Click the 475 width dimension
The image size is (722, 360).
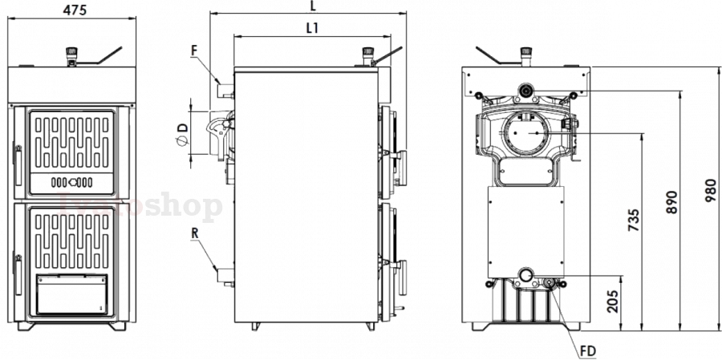point(74,10)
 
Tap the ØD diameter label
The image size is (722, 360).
point(182,132)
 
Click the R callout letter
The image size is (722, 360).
point(195,234)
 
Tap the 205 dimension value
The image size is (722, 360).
point(614,301)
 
